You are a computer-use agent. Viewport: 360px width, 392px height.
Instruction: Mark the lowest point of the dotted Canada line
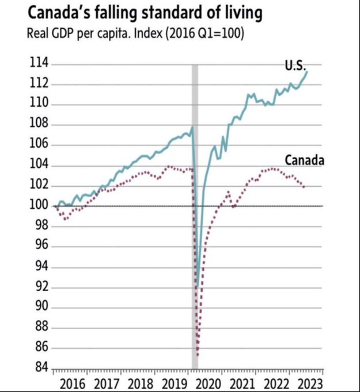coord(198,355)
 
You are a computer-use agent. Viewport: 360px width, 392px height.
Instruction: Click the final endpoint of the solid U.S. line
coord(308,71)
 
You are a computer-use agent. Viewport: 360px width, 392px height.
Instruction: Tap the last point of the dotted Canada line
coord(304,186)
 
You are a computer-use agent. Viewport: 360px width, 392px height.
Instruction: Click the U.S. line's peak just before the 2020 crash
coord(192,128)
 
